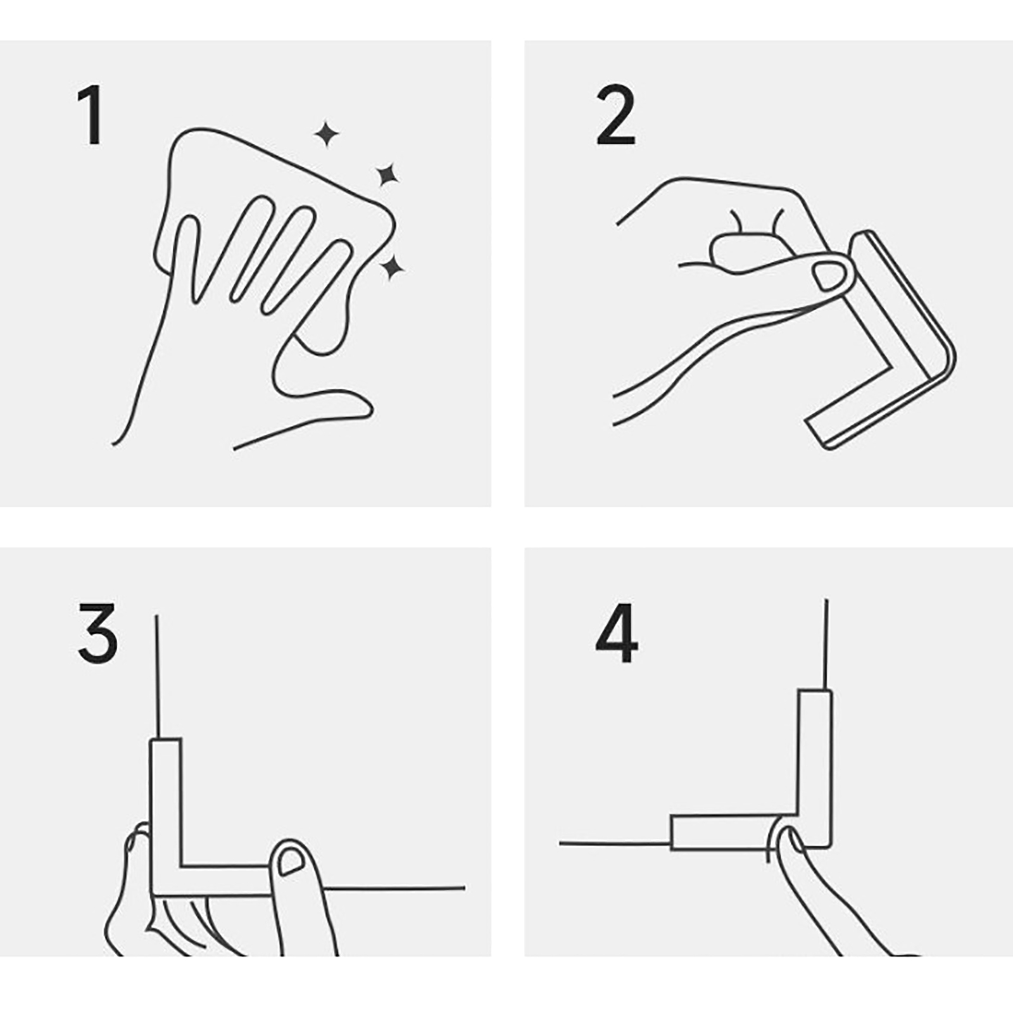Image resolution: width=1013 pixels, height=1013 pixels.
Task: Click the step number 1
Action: [x=91, y=116]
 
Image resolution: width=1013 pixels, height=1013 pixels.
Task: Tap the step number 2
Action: [x=615, y=116]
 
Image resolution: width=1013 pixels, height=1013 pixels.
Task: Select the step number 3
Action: [x=98, y=632]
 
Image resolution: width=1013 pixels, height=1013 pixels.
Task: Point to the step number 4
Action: [x=616, y=633]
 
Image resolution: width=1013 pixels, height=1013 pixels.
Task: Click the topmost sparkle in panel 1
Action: [x=327, y=134]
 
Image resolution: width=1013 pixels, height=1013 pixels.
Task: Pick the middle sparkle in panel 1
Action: [x=387, y=175]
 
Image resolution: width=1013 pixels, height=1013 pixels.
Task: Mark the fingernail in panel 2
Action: [x=829, y=276]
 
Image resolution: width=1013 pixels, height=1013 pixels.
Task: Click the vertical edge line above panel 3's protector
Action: [x=156, y=676]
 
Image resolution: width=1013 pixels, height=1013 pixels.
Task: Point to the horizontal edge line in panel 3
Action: [x=394, y=888]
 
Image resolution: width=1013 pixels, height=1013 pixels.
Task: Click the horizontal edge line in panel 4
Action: [x=615, y=843]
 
